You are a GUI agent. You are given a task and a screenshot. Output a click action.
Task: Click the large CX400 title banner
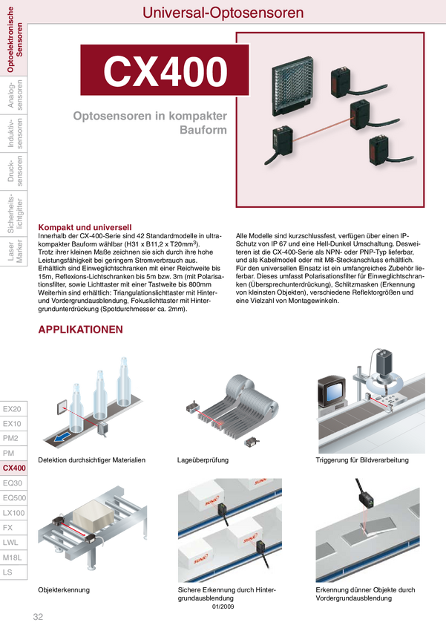coord(165,70)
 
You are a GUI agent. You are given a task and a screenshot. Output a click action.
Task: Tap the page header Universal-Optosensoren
coord(223,13)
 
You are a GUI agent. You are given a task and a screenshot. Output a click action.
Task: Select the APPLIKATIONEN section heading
coord(80,329)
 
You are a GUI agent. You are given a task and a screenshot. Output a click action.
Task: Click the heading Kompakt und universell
coord(85,227)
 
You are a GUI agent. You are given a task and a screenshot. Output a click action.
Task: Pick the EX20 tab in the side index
coord(12,409)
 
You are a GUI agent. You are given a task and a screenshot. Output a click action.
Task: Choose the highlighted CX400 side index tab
coord(14,468)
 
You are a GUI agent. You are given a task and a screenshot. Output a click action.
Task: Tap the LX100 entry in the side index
coord(13,513)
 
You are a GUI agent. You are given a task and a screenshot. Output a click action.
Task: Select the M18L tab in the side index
coord(13,558)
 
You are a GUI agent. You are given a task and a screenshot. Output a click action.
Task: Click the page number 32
coord(38,616)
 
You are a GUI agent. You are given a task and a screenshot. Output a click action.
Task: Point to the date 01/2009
coord(223,607)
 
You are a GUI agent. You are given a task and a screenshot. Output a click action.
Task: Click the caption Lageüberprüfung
coord(203,460)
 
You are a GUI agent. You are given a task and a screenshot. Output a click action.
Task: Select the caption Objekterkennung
coord(64,590)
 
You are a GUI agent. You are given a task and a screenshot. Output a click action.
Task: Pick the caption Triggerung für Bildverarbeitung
coord(362,460)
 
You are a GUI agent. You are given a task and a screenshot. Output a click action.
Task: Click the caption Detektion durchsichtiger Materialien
coord(92,460)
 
